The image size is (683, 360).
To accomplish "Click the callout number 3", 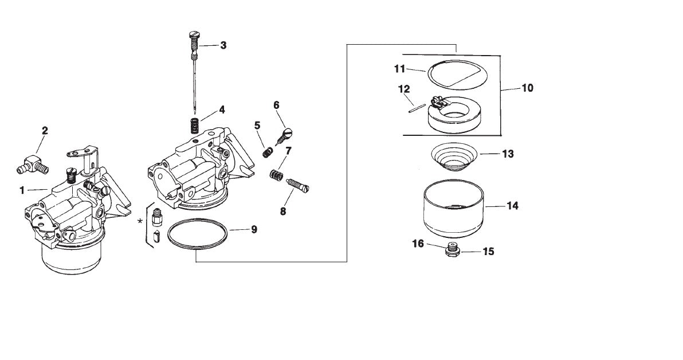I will coord(223,45).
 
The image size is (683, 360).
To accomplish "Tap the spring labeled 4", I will coord(195,125).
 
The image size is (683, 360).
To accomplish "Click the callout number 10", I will coord(527,88).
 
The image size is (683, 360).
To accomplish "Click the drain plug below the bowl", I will coord(453,251).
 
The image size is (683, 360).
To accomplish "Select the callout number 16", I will coord(418,244).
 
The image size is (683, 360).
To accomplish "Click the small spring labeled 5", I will coord(266,152).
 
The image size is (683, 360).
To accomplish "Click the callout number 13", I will coord(508,154).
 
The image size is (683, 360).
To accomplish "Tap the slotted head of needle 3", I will coord(193,37).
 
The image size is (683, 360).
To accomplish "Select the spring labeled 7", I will coord(276,174).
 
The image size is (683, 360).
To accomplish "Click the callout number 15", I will coord(488,251).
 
